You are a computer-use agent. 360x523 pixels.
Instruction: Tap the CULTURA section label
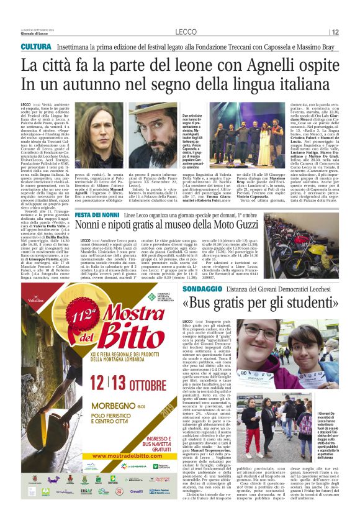pos(35,47)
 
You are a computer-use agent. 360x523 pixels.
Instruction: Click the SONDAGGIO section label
pos(205,289)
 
